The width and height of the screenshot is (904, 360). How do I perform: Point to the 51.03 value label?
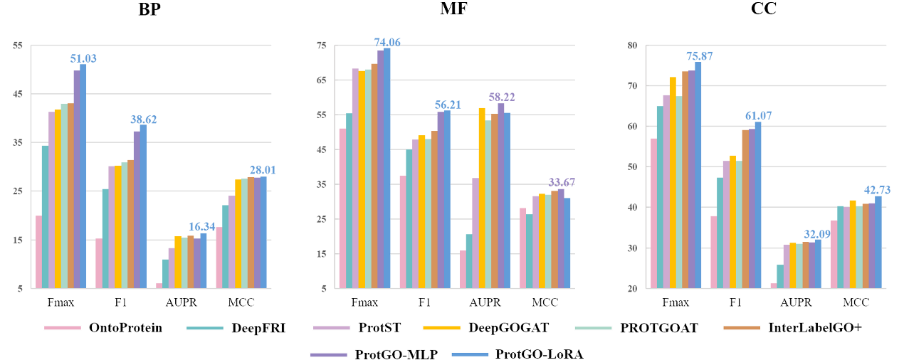click(x=83, y=58)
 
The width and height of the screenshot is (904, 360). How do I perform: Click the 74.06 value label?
click(x=387, y=43)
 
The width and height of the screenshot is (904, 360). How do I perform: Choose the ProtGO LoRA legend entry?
click(x=538, y=354)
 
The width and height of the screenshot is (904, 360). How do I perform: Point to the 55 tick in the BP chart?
click(x=19, y=46)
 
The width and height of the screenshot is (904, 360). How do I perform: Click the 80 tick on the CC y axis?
click(x=631, y=46)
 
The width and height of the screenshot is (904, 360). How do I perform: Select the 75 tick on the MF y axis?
click(x=321, y=46)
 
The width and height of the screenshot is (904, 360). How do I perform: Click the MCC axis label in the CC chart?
click(x=857, y=302)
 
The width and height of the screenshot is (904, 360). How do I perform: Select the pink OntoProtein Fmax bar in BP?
click(x=38, y=252)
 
